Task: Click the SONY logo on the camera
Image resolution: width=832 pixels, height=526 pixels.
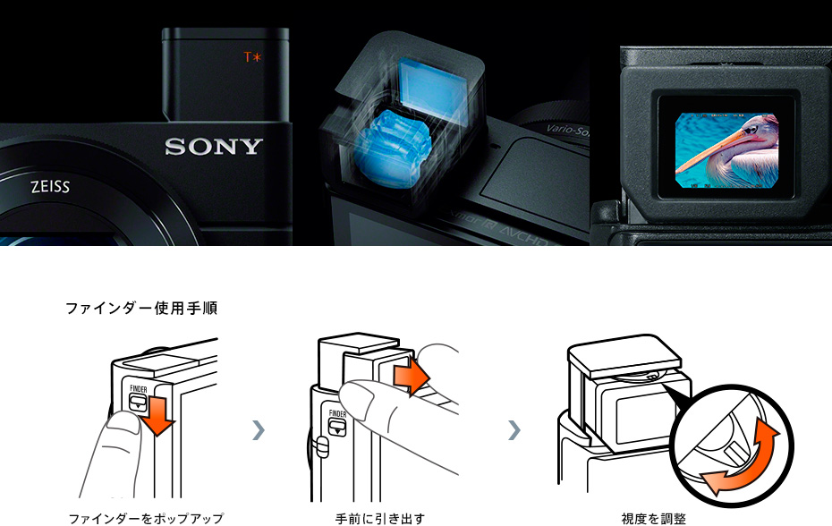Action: click(x=214, y=146)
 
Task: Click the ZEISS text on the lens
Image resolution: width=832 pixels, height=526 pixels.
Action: click(x=49, y=188)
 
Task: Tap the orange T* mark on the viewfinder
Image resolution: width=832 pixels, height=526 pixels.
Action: click(x=253, y=57)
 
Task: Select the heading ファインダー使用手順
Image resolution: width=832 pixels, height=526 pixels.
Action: click(x=140, y=308)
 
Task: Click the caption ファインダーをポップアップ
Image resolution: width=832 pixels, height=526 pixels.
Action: click(x=146, y=518)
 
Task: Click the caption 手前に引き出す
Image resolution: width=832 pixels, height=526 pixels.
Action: click(x=379, y=518)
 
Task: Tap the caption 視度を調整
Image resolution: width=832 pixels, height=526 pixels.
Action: click(x=654, y=518)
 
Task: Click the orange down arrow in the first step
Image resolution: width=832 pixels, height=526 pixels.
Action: click(x=158, y=416)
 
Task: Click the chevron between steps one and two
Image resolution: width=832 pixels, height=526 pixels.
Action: click(x=259, y=430)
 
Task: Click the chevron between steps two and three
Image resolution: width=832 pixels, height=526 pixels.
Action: click(x=514, y=430)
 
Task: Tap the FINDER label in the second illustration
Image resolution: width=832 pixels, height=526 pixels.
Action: click(x=336, y=414)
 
